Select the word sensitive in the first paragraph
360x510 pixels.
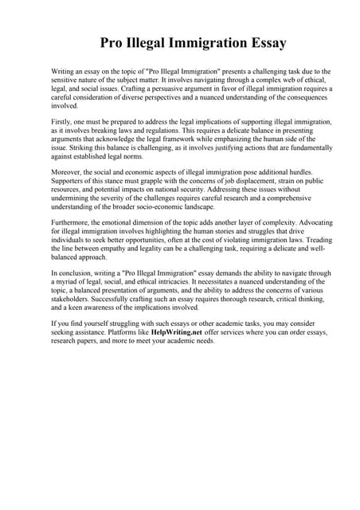pyautogui.click(x=71, y=80)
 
